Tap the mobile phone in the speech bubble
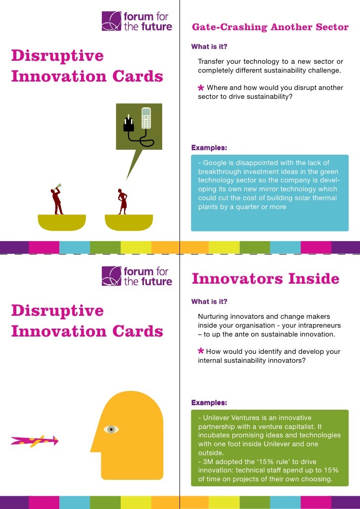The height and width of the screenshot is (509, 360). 145,118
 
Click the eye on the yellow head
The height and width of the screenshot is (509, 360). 111,429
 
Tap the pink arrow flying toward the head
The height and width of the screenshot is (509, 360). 35,440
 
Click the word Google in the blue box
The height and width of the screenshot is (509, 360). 215,163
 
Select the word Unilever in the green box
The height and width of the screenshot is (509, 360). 219,417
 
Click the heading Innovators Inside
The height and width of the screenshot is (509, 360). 265,279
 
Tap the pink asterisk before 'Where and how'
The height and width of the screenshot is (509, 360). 201,88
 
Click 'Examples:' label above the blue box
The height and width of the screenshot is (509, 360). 209,147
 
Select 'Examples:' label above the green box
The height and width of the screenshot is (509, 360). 209,402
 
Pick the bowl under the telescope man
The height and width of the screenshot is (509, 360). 62,222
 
